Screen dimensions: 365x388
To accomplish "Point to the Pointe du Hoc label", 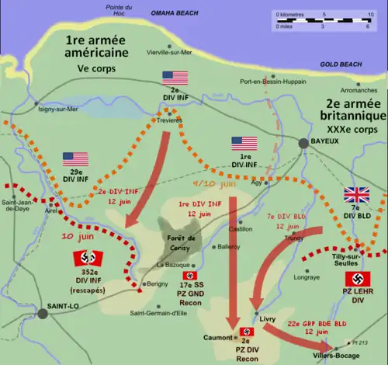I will pos(118,10).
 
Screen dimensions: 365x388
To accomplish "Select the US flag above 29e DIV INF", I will pos(75,159).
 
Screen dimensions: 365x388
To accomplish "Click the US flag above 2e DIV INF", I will pos(175,78).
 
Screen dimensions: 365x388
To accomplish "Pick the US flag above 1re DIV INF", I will pos(244,144).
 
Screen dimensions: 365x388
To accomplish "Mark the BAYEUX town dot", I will pos(303,143).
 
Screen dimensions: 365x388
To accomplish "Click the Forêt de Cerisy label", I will pos(178,244).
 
